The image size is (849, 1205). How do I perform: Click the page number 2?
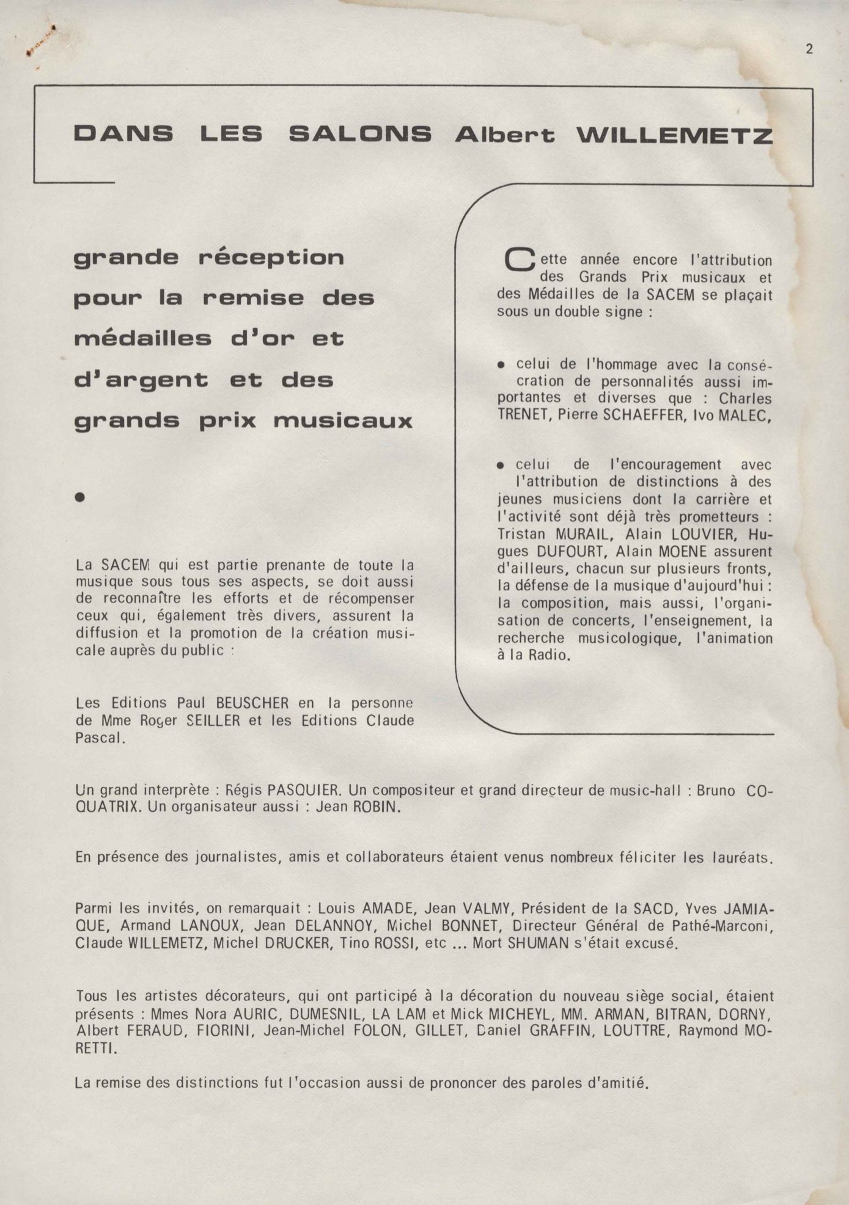809,49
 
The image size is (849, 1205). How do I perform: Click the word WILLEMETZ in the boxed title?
675,135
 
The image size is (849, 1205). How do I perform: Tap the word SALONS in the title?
360,134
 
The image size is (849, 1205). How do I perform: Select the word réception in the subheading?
271,258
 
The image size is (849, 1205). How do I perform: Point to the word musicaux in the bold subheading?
343,421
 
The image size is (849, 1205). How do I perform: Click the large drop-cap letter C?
519,261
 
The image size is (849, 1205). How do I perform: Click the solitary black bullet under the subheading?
79,497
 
